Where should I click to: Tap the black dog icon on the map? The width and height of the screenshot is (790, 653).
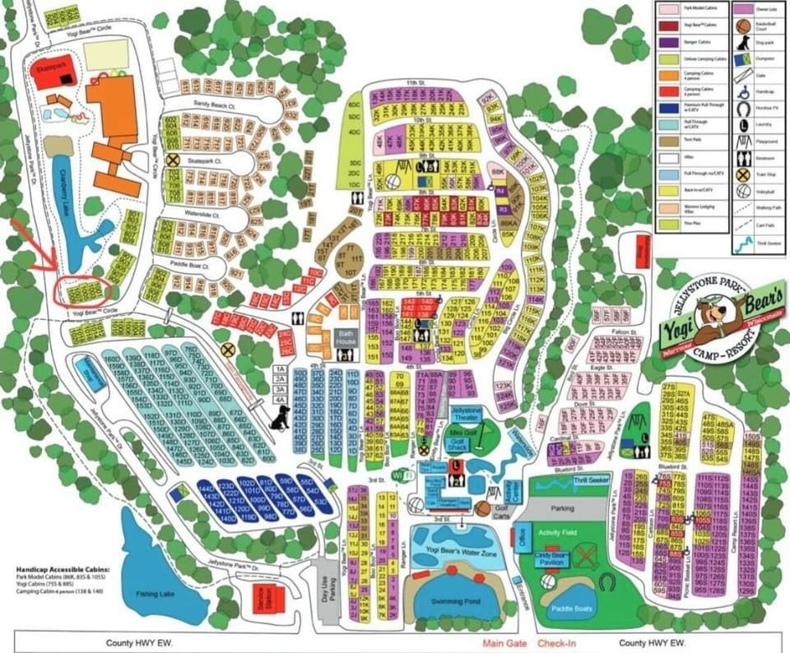[280, 419]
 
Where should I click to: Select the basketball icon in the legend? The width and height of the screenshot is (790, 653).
[743, 25]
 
